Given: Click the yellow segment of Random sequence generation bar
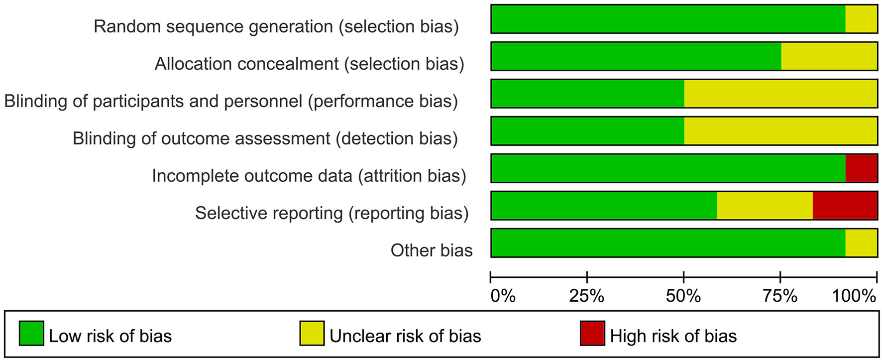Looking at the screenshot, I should [x=861, y=19].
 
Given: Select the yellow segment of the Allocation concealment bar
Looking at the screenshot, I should [x=829, y=56].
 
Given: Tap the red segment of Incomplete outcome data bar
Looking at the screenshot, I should [x=861, y=168].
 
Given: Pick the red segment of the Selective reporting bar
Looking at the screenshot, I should [x=845, y=205].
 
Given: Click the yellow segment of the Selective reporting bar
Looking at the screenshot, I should [x=765, y=205].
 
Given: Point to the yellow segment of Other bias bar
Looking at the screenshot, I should [x=861, y=243].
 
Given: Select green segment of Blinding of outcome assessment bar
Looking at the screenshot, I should [x=587, y=131].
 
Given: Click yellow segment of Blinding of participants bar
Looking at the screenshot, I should [x=780, y=94].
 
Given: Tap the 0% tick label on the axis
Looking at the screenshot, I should [x=503, y=296].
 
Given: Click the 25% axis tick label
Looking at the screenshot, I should [x=587, y=296].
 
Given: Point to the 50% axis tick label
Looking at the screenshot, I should [x=683, y=296].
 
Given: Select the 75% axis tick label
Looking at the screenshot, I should [x=780, y=296].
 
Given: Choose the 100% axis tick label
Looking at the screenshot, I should [x=854, y=296].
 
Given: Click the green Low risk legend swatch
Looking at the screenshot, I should [x=31, y=333].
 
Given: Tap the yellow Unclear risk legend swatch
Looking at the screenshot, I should [x=312, y=333].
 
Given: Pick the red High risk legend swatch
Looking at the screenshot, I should [x=592, y=333].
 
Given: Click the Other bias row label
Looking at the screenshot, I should [x=431, y=250].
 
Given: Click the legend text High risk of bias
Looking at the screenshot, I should [x=673, y=336].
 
